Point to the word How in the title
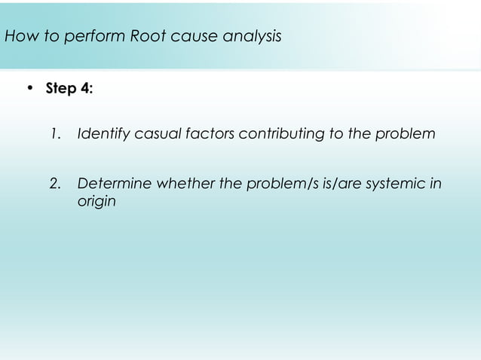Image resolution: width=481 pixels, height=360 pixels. pyautogui.click(x=19, y=35)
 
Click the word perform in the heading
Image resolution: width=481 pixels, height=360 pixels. pyautogui.click(x=90, y=35)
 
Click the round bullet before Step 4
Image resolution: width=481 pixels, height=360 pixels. pyautogui.click(x=30, y=88)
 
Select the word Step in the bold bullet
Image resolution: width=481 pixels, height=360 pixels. pyautogui.click(x=61, y=88)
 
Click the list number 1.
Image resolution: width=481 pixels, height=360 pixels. pyautogui.click(x=54, y=135)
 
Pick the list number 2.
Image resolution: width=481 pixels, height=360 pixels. pyautogui.click(x=54, y=185)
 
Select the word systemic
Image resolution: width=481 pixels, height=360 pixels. pyautogui.click(x=402, y=185)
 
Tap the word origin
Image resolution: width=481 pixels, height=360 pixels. pyautogui.click(x=96, y=203)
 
